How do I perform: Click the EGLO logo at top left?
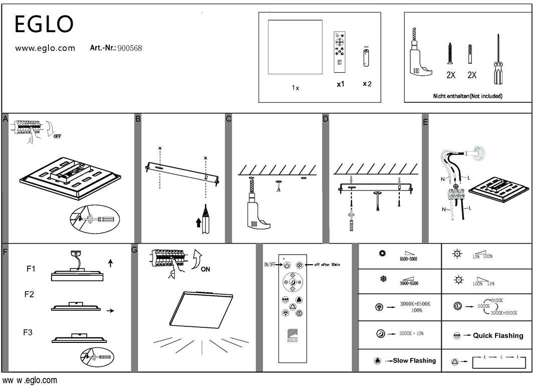point(44,24)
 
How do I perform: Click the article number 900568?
point(130,48)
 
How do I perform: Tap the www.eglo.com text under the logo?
point(45,49)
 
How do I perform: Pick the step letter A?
point(6,119)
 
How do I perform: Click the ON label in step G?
point(205,269)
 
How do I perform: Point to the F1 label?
point(31,269)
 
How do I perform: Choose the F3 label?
point(29,332)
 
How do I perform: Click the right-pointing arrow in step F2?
point(111,311)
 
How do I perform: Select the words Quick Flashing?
point(498,335)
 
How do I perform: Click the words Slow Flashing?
point(414,360)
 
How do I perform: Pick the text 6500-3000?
point(408,259)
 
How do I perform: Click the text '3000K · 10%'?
point(411,333)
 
